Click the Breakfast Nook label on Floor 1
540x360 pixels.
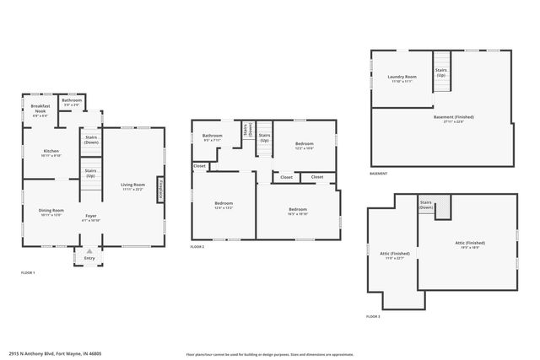[x=41, y=107]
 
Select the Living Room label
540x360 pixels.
[x=132, y=185]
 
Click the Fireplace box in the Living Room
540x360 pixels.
[x=161, y=189]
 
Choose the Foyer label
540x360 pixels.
[x=90, y=216]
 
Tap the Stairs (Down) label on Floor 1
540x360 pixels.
[x=90, y=139]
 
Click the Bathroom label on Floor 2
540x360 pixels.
[x=212, y=136]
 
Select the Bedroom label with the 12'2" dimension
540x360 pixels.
[x=304, y=145]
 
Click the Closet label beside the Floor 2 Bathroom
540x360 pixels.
[x=200, y=166]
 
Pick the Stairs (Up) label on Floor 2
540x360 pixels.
[x=264, y=137]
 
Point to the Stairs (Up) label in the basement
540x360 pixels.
[x=441, y=72]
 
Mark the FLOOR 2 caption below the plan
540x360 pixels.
[x=197, y=247]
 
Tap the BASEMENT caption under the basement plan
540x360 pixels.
[x=379, y=174]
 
